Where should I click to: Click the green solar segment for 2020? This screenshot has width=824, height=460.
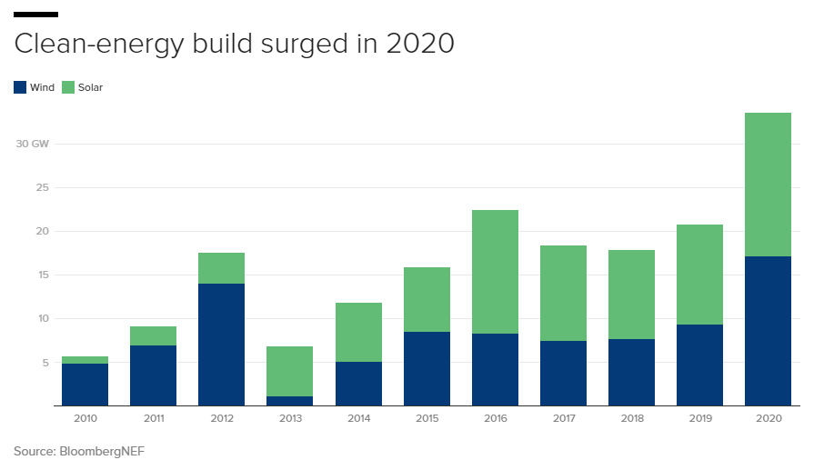[768, 185]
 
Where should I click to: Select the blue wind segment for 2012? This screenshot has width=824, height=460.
[221, 345]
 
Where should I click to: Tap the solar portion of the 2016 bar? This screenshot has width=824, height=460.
[495, 272]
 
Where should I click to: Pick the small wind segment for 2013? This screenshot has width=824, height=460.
[289, 401]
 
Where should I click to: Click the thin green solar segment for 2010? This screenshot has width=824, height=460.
[85, 360]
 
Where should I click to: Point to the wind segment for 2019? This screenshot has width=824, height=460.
[699, 365]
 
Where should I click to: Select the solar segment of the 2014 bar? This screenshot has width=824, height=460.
[358, 332]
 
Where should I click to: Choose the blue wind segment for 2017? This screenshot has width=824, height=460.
[563, 373]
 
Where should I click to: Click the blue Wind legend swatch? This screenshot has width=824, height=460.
[20, 88]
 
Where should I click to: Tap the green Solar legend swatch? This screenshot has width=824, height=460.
[68, 88]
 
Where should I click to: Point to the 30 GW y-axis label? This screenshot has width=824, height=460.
[32, 144]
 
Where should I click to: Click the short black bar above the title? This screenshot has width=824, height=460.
[36, 15]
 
